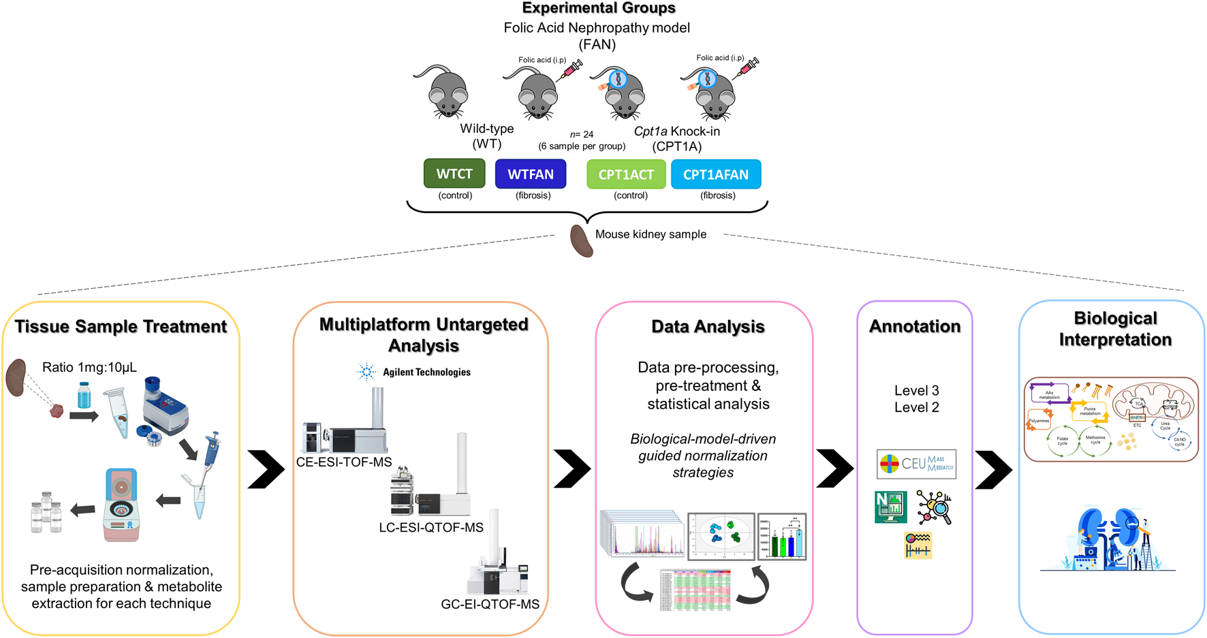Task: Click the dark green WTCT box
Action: point(454,174)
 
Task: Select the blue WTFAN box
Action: point(531,174)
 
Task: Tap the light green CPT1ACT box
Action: point(626,175)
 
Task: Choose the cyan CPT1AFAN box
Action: point(716,175)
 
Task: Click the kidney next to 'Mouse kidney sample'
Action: point(581,241)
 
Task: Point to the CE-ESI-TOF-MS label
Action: point(344,462)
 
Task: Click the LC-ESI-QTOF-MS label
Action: point(431,528)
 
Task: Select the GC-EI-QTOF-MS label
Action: point(490,604)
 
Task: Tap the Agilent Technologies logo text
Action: point(426,372)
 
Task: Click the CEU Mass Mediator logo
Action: point(916,464)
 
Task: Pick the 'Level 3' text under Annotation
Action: point(916,391)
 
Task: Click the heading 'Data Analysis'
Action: point(708,327)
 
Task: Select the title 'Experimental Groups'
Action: point(599,8)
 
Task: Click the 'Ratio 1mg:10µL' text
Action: point(89,368)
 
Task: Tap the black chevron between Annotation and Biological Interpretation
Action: point(994,469)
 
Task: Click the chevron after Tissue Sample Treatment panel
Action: point(266,469)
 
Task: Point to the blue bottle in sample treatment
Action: point(84,396)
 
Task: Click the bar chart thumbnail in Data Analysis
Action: point(782,537)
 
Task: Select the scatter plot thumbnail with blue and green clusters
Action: point(721,536)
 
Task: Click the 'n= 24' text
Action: point(582,135)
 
